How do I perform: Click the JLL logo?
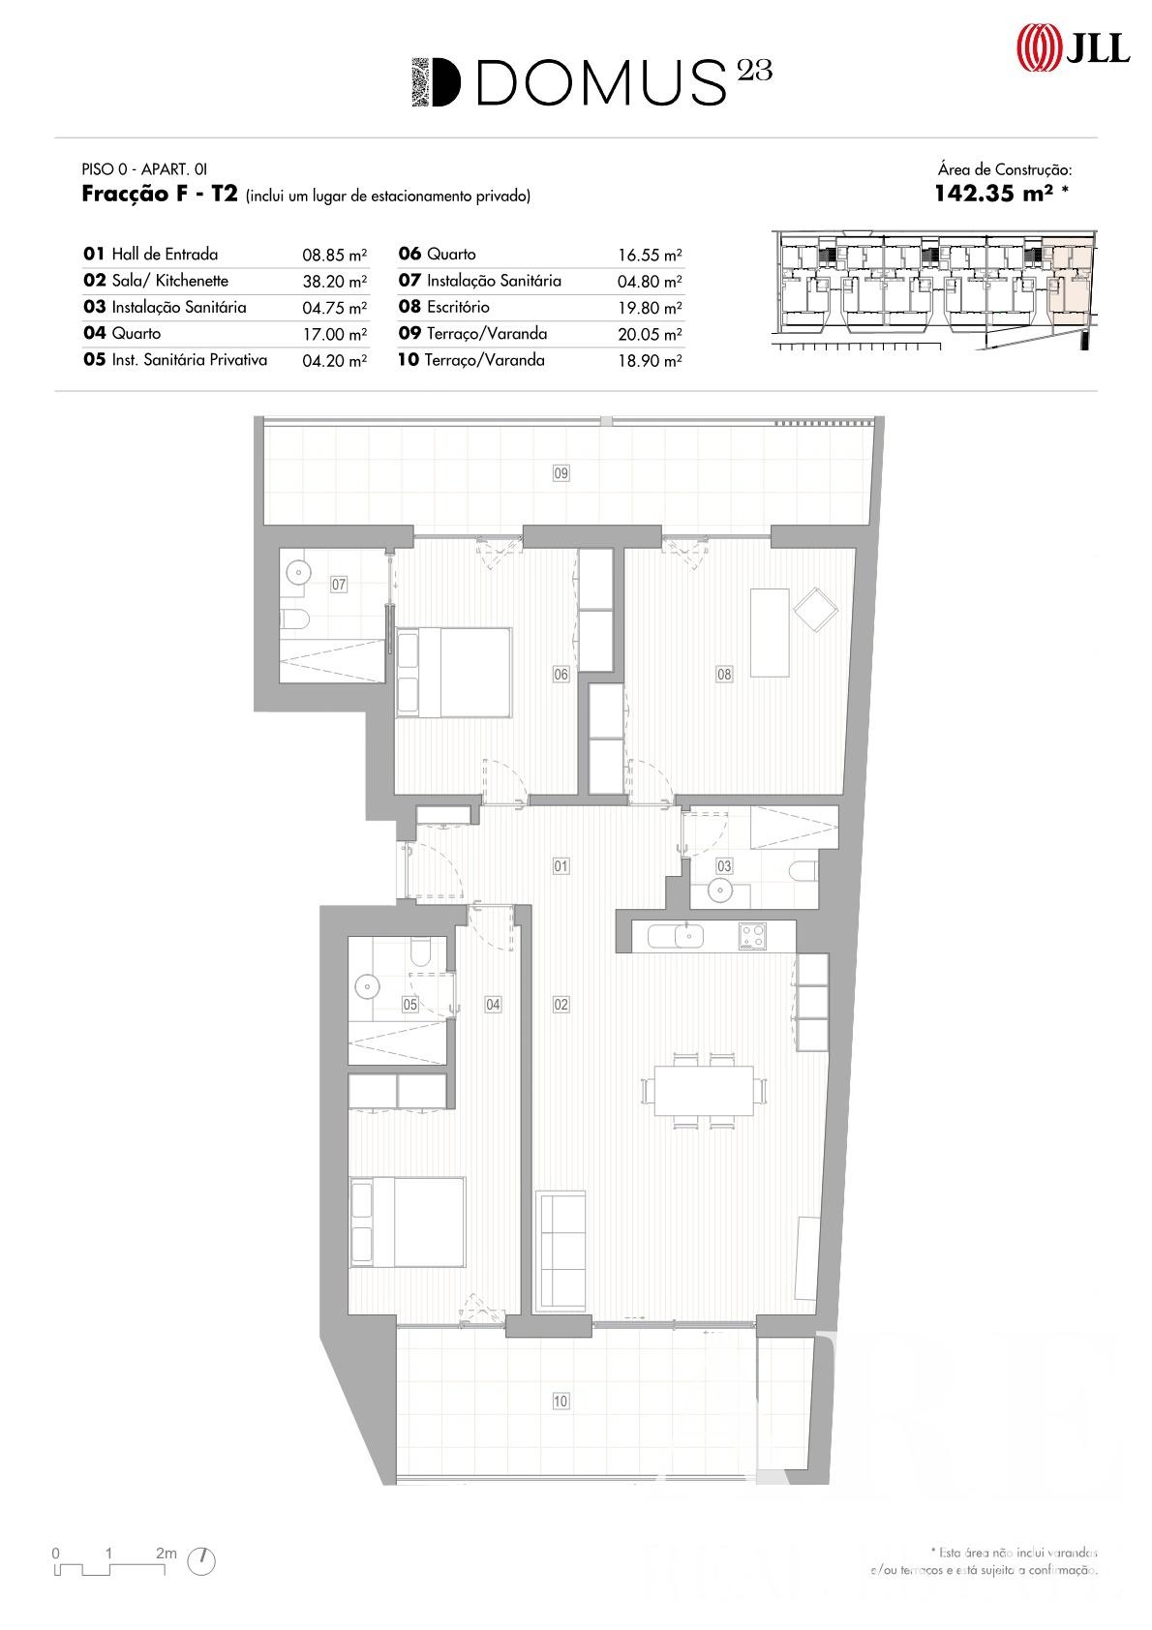(x=1073, y=48)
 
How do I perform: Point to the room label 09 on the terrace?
(x=561, y=473)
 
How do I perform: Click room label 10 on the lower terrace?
(x=561, y=1401)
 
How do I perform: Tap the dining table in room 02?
(x=704, y=1090)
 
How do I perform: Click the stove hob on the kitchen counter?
(x=752, y=936)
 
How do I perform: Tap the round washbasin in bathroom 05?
(x=368, y=987)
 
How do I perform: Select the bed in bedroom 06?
(x=453, y=673)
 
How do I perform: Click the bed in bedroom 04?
(x=408, y=1222)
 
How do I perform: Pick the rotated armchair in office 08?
(x=816, y=609)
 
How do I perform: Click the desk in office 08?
(x=770, y=632)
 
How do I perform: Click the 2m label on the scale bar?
(x=166, y=1553)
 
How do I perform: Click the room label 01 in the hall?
(x=561, y=866)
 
